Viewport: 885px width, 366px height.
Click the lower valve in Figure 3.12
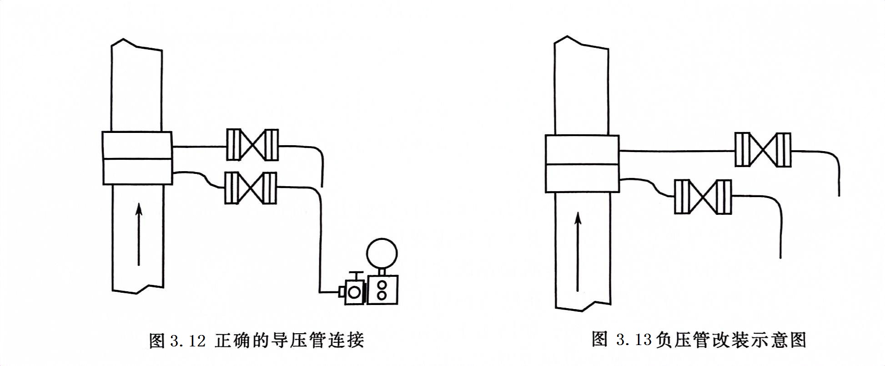tap(251, 188)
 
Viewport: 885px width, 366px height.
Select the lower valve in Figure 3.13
tap(703, 197)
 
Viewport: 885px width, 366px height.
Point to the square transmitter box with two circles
tap(382, 289)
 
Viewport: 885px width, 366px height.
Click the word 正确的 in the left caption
tap(243, 341)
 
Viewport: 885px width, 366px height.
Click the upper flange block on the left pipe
tap(137, 145)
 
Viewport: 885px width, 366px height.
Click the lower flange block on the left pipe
tap(137, 172)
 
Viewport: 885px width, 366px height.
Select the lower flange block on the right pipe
tap(582, 178)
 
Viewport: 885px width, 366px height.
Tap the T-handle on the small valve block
tap(356, 274)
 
